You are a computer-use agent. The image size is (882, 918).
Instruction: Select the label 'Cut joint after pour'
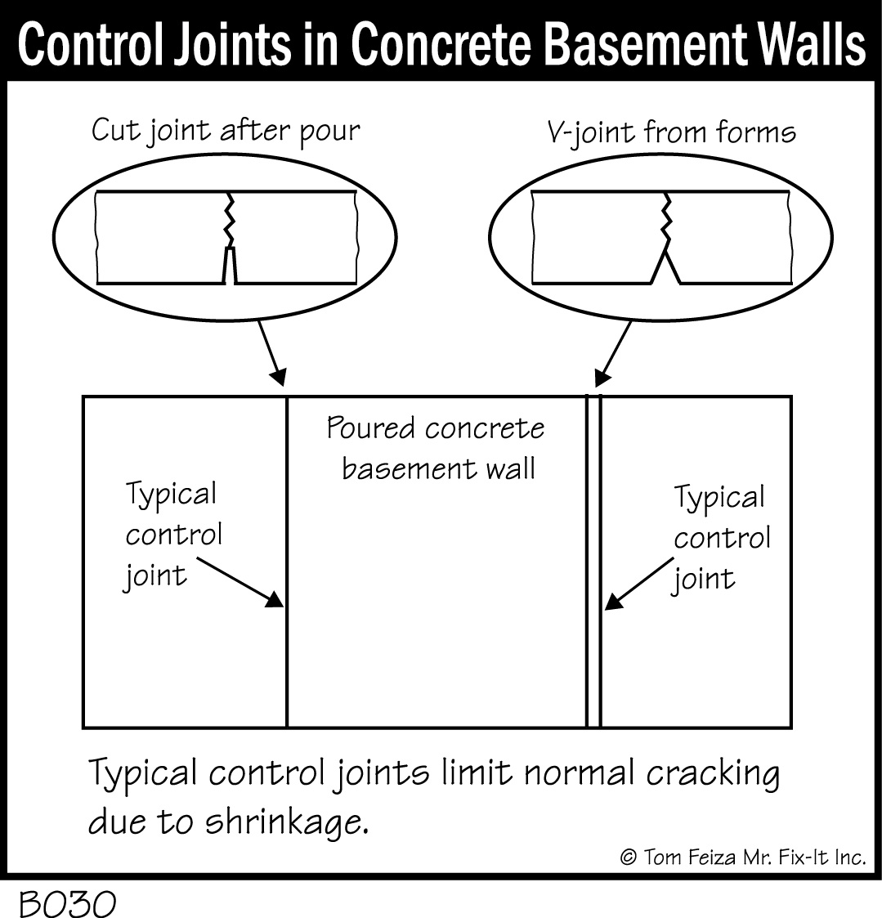click(x=225, y=131)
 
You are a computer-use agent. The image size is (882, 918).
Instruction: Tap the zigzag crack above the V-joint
click(x=666, y=217)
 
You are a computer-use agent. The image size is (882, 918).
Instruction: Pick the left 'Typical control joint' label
click(x=172, y=535)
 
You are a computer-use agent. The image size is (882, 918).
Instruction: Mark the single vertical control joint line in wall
click(x=287, y=654)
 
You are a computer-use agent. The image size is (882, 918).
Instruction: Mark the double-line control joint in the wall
click(x=593, y=654)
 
